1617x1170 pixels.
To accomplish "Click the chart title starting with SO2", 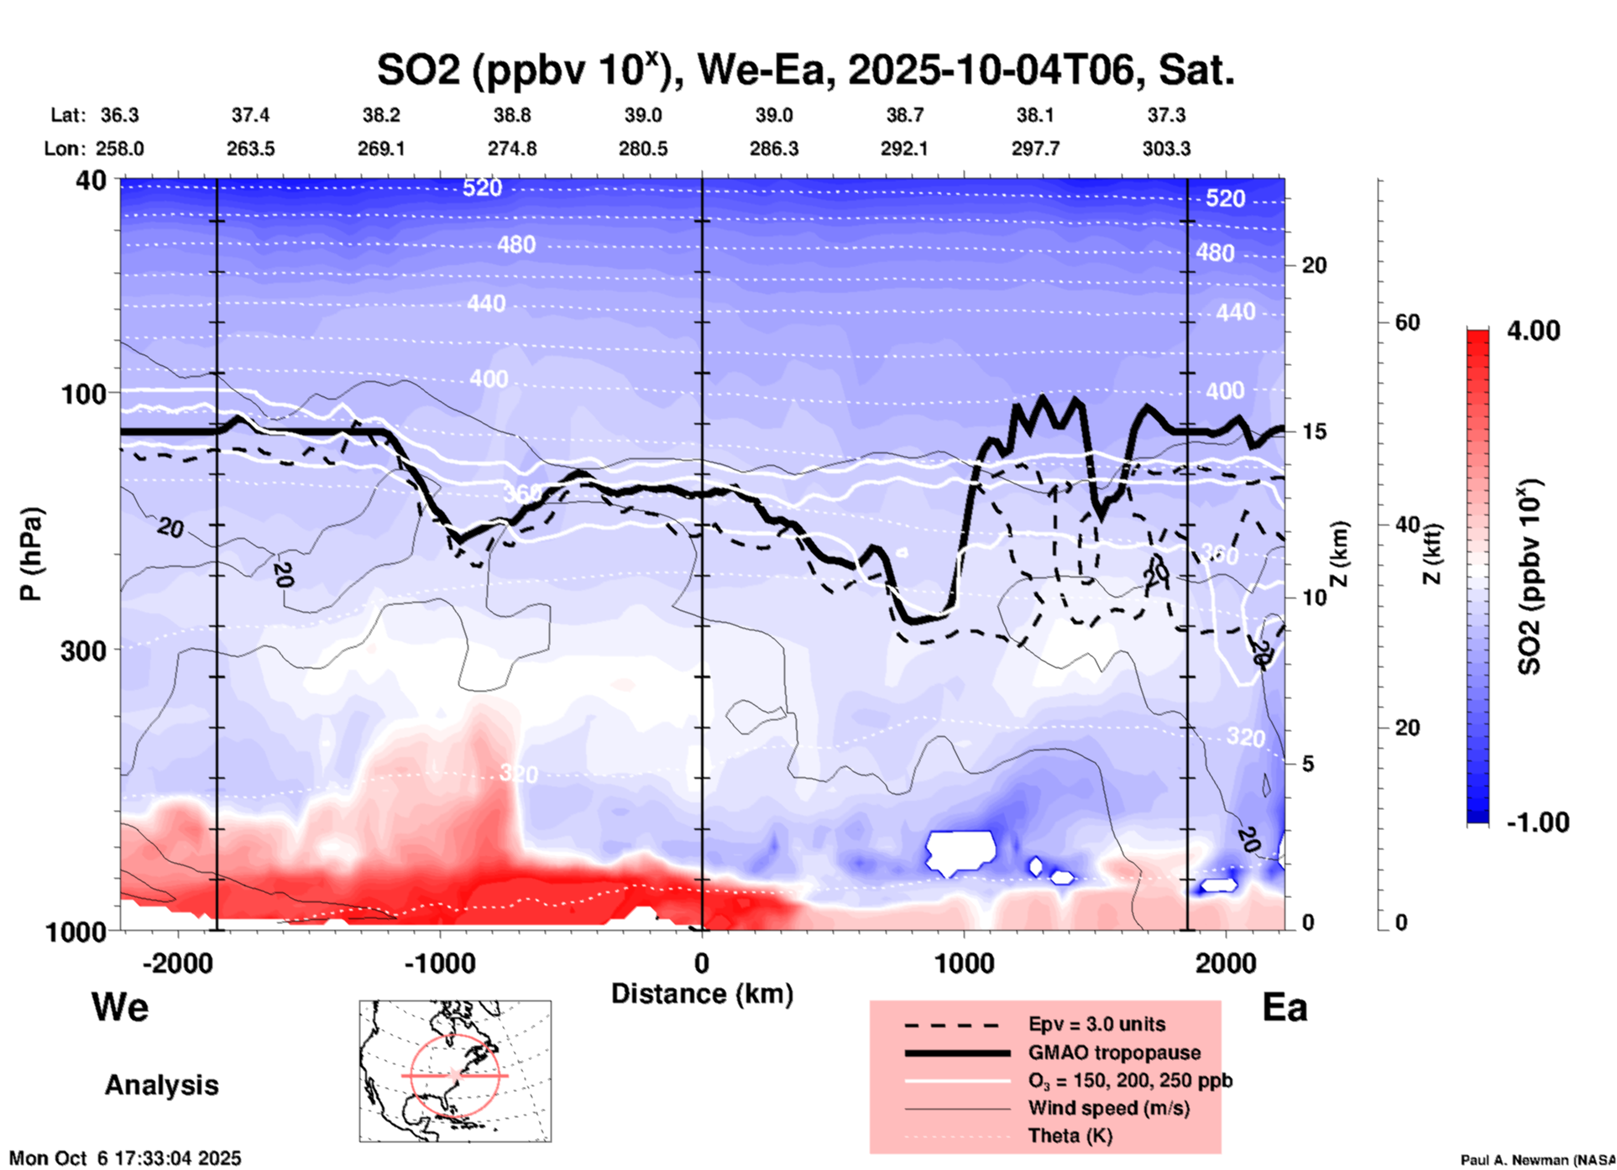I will (x=805, y=70).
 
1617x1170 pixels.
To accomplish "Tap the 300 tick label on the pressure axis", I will (x=83, y=650).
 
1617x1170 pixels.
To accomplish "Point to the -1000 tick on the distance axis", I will (x=440, y=963).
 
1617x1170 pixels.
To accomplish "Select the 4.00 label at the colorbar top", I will (x=1533, y=330).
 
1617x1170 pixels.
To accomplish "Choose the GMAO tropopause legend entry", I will (x=1114, y=1052).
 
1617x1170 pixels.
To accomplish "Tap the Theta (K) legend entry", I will (x=1070, y=1136).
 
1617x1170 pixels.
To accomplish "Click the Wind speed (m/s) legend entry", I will (x=1108, y=1108).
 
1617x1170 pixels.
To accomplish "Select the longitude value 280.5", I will (x=643, y=149).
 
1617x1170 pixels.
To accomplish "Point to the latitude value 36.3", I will (x=120, y=115).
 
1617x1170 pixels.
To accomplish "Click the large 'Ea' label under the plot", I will (x=1285, y=1007).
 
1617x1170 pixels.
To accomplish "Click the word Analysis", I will (x=161, y=1084).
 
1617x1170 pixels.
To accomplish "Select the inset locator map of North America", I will (x=455, y=1071).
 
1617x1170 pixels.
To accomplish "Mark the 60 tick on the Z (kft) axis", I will (x=1407, y=322).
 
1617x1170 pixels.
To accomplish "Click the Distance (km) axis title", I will (x=702, y=994).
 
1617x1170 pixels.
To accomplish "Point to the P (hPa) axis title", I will (x=31, y=554).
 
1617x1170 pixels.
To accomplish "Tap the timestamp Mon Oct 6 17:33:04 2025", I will (x=125, y=1158).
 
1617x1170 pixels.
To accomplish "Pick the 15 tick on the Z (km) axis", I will (x=1314, y=431).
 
